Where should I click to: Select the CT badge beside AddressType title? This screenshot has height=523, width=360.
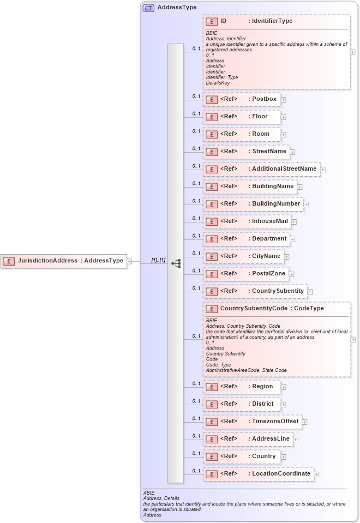tap(148, 8)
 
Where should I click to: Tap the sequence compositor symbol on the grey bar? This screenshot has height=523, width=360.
tap(176, 263)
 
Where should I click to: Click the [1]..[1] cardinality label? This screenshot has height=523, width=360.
tap(158, 260)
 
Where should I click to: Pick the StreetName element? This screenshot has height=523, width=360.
tap(245, 152)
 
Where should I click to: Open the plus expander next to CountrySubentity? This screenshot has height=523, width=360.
tap(310, 292)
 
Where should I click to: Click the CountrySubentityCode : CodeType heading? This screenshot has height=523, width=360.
tap(272, 309)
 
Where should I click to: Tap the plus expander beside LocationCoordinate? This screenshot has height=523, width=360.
tap(316, 474)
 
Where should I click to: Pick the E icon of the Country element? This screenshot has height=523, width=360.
tap(211, 456)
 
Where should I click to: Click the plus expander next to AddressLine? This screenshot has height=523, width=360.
tap(295, 440)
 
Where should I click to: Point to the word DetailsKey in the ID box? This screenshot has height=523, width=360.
tap(218, 83)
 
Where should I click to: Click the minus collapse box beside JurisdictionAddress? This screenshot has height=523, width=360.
tap(129, 261)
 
